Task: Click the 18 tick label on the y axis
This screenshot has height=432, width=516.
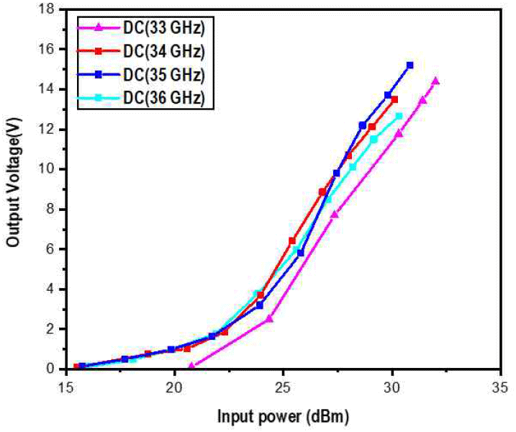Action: (48, 9)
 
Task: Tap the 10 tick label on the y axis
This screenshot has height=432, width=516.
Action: (48, 169)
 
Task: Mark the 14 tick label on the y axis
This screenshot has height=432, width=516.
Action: (48, 89)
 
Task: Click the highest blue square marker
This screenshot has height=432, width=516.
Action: (410, 65)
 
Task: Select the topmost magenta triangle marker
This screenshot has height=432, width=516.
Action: (436, 81)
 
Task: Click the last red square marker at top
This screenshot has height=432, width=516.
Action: (394, 99)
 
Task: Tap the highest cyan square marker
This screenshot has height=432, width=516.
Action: (399, 115)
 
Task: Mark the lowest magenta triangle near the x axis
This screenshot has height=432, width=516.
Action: (191, 366)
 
